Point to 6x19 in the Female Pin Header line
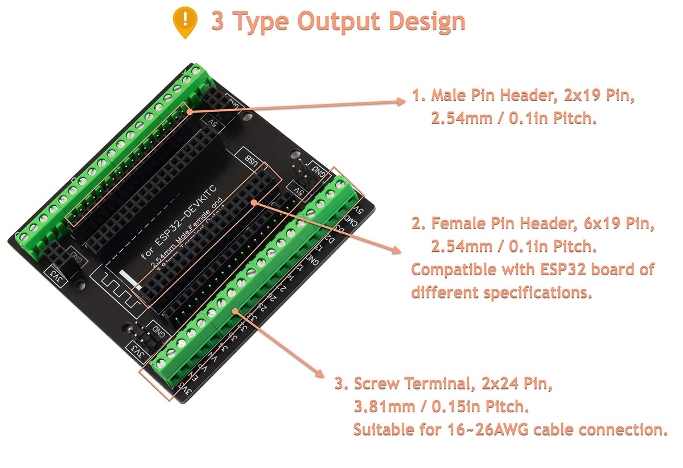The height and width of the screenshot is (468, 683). point(598,225)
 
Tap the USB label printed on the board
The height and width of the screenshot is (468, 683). point(250,161)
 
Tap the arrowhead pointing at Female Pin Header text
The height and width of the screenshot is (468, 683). point(394,249)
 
